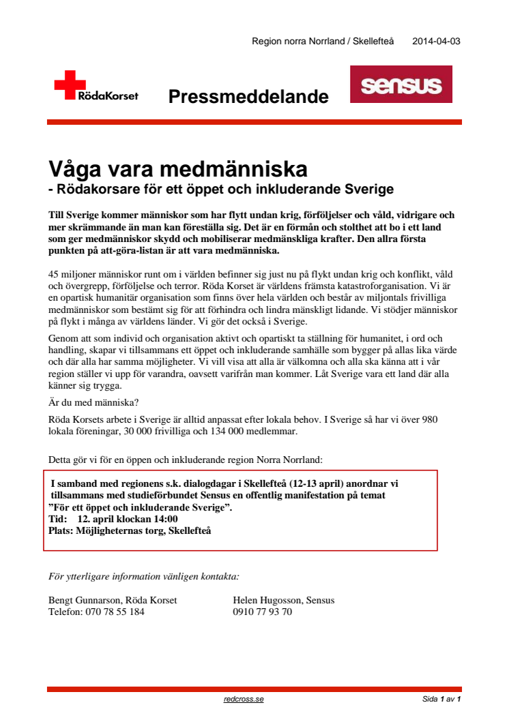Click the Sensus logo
pos(401,85)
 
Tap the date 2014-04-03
pos(436,41)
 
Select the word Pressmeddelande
pos(248,97)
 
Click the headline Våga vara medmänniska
pos(178,168)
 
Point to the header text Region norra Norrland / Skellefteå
pos(323,41)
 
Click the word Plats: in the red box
pos(63,530)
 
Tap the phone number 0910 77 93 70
pos(263,612)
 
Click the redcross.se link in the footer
pos(243,700)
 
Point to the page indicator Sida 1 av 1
pos(441,700)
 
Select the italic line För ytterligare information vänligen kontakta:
pos(144,576)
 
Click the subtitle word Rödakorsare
pos(100,187)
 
